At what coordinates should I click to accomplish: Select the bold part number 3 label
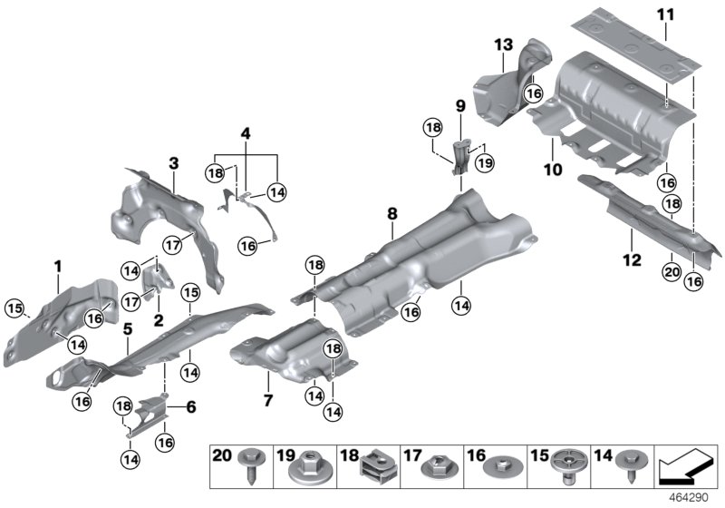(174, 163)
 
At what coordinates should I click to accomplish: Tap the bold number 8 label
(392, 214)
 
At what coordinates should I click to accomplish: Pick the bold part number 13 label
(504, 44)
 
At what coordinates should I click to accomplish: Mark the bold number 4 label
(244, 134)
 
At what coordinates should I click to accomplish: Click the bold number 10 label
(553, 169)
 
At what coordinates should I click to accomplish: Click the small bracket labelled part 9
(461, 153)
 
